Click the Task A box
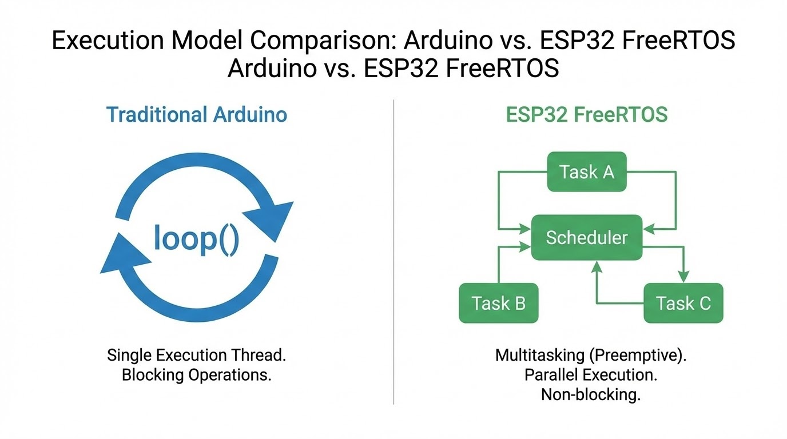point(587,172)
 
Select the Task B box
point(498,303)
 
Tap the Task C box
point(683,303)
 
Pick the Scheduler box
point(587,237)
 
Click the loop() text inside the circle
point(196,239)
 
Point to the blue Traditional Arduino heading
point(196,114)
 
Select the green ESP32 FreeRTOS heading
point(587,114)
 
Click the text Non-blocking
point(590,394)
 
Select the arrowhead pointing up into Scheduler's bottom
point(597,266)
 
